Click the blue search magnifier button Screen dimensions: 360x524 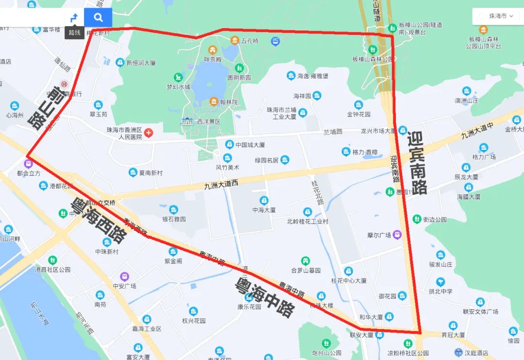pos(98,17)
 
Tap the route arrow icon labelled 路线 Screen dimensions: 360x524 pos(74,18)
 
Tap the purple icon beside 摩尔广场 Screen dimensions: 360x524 pos(397,235)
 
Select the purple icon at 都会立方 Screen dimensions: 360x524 pos(28,163)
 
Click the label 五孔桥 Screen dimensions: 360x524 pos(250,41)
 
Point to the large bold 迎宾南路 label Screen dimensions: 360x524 pos(417,163)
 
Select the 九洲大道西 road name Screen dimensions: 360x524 pos(222,185)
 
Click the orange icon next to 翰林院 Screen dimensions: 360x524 pos(213,102)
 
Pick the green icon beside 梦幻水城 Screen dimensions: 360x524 pos(179,77)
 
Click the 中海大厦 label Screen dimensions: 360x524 pos(264,210)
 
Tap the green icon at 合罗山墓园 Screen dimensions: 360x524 pos(305,261)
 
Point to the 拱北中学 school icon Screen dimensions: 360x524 pos(440,281)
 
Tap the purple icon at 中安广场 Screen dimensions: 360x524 pos(125,277)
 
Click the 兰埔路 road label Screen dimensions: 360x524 pos(333,131)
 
